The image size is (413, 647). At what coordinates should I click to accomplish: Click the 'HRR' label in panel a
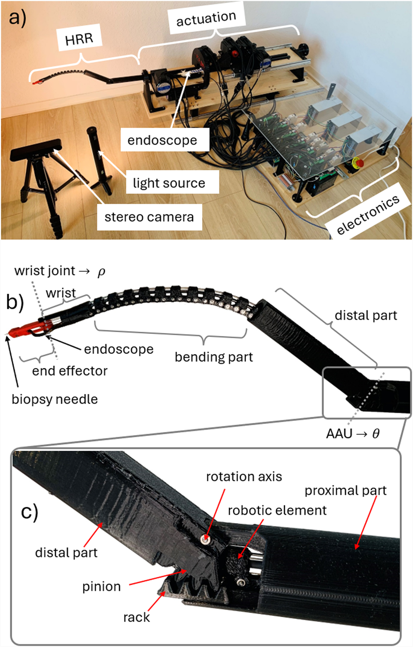79,39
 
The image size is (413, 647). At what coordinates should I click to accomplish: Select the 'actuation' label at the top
206,18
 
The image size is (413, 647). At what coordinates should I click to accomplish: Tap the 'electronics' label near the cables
368,215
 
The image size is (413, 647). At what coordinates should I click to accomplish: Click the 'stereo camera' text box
149,217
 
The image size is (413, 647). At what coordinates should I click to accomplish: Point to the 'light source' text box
169,183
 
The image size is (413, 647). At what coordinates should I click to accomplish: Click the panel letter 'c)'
29,512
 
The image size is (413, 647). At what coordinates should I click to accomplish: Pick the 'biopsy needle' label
54,399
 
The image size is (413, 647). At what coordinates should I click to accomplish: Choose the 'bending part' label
214,357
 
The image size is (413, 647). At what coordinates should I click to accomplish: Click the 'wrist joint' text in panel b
45,271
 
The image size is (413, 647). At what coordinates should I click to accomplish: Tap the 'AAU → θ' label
353,433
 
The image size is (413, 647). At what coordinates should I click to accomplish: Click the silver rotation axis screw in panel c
206,539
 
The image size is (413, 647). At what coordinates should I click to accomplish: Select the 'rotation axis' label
244,476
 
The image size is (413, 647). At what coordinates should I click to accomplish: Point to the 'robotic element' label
277,510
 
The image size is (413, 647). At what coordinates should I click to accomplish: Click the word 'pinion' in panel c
101,586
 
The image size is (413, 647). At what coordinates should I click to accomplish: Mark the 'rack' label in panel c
136,617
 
